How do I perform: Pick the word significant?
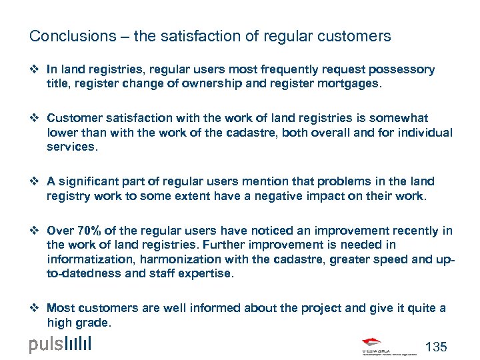tap(97, 181)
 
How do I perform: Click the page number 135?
tap(436, 347)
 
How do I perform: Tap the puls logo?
tap(60, 345)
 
